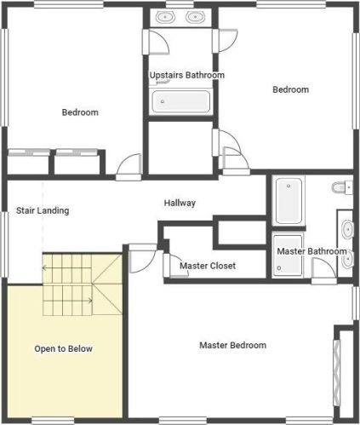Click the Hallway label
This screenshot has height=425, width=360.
tap(180, 203)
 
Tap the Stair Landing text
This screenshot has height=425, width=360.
tap(43, 210)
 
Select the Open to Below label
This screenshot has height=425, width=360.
tap(63, 348)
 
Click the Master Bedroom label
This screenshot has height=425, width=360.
tap(233, 345)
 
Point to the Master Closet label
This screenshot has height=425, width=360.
tap(208, 266)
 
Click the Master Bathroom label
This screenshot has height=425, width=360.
tap(311, 251)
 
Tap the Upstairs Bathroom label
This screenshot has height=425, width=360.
tap(187, 75)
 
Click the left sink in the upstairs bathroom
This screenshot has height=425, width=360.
tap(165, 17)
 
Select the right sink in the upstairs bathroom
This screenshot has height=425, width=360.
tap(195, 17)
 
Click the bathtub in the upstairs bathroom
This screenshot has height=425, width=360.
tap(181, 101)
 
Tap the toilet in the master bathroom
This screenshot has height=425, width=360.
tap(342, 187)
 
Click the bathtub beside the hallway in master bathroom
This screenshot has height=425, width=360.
tap(289, 201)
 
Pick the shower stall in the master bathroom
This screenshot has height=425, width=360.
tap(289, 255)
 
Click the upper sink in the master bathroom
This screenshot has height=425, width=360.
tap(348, 229)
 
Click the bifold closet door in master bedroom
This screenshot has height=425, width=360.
tap(336, 372)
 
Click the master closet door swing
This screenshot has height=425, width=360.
tap(178, 265)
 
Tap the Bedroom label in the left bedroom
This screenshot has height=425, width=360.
tap(80, 112)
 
